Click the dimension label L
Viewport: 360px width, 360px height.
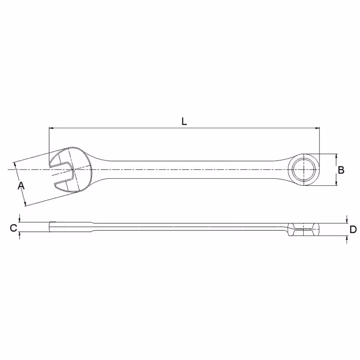184,121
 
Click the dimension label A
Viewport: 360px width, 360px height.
21,185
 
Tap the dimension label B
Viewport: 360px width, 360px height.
341,170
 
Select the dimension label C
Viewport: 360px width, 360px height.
13,228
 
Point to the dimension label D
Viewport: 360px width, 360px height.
353,229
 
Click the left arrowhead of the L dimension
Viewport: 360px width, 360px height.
51,128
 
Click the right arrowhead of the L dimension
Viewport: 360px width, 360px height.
317,128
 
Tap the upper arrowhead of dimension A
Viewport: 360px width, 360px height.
15,165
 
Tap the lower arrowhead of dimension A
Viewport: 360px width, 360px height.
25,203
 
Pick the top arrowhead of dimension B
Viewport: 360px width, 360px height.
336,156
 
